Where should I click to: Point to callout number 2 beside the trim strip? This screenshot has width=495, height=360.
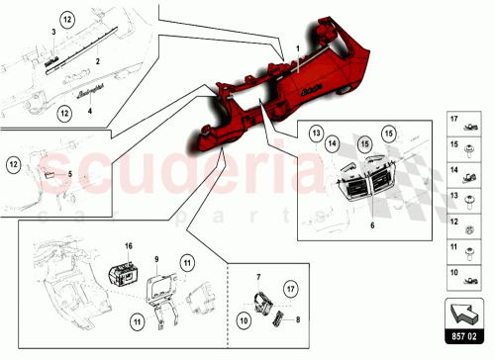click(x=98, y=61)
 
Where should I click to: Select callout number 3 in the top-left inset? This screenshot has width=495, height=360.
click(x=53, y=33)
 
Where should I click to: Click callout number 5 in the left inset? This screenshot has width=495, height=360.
click(x=69, y=174)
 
